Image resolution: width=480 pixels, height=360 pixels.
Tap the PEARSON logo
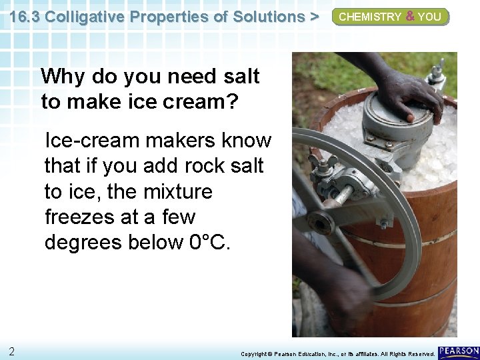(459, 351)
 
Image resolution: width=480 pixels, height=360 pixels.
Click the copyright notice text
(337, 354)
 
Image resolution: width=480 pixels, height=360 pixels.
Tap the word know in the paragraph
(246, 141)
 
